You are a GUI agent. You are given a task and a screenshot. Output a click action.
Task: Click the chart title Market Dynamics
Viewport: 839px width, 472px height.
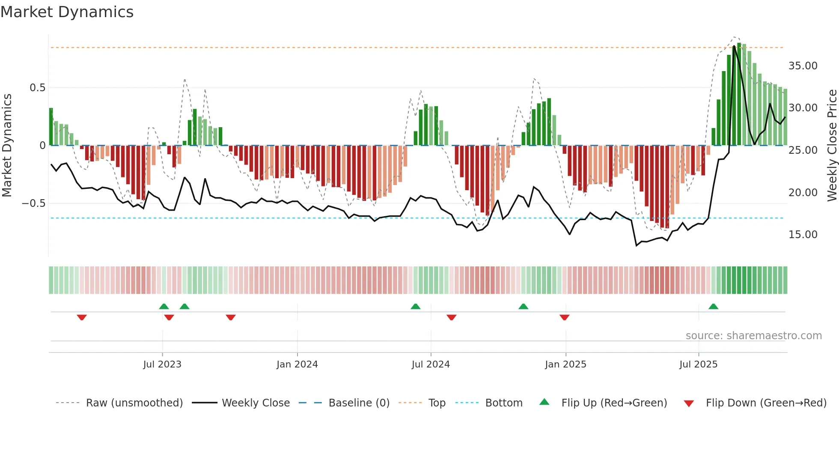point(67,12)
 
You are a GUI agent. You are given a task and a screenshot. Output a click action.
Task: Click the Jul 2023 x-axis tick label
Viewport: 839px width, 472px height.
point(162,364)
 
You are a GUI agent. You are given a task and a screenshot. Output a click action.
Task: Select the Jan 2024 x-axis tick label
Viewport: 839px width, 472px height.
point(297,364)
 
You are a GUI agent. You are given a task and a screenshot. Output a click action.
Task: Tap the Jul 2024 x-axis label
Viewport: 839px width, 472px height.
point(431,364)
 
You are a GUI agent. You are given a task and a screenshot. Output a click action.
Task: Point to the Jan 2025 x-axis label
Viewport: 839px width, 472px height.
point(565,364)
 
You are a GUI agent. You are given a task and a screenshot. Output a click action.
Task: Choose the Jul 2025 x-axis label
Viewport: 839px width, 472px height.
point(698,364)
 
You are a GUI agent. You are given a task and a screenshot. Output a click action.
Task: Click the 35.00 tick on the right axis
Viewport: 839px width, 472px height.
point(803,66)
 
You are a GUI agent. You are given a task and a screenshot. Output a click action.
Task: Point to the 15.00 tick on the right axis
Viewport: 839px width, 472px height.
point(803,235)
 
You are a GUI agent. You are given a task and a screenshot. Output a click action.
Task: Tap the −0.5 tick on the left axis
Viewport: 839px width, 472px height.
point(34,203)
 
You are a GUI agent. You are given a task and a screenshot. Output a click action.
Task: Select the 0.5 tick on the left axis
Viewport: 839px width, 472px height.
point(37,88)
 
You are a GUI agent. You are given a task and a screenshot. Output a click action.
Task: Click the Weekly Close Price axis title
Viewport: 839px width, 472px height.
point(832,145)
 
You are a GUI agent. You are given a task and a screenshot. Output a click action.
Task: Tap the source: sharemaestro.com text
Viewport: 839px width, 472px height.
point(753,336)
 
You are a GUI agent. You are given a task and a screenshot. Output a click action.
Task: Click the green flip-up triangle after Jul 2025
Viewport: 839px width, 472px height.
point(713,307)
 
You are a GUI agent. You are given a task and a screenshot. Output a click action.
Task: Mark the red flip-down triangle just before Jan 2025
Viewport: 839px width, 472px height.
point(564,317)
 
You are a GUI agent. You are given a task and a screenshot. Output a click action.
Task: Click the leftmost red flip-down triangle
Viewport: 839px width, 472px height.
point(82,317)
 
